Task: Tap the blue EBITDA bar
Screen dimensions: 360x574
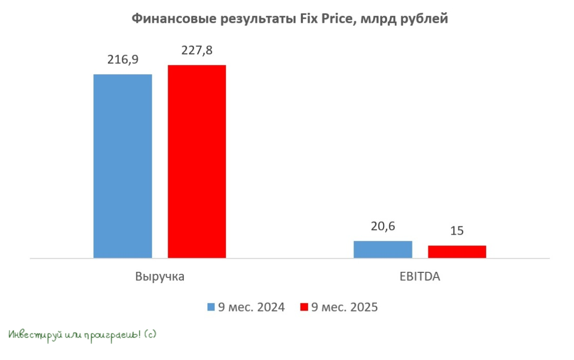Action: pos(382,249)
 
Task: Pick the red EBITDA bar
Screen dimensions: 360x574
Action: pos(457,252)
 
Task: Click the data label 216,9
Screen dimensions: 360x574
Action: pos(122,59)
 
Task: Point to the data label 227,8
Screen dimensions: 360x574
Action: pos(197,51)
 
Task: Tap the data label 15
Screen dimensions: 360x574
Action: pos(457,231)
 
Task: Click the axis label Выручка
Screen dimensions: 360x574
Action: pos(160,276)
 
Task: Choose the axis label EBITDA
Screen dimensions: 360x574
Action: pos(420,276)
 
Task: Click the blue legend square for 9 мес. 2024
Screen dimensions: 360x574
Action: pos(211,307)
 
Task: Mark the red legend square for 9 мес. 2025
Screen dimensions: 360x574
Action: pos(304,307)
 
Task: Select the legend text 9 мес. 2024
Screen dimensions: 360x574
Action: pos(251,307)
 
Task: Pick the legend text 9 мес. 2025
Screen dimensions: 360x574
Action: pos(344,307)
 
